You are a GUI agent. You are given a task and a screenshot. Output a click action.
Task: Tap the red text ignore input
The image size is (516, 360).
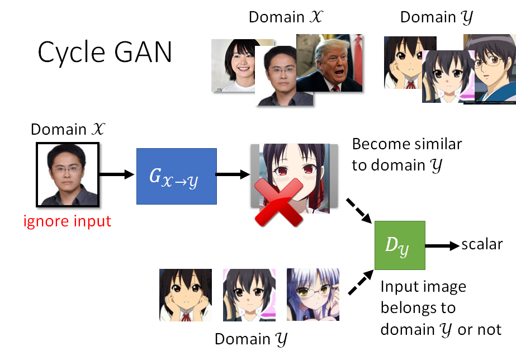pos(67,221)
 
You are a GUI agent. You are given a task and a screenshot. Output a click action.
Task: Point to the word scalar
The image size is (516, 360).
pos(482,244)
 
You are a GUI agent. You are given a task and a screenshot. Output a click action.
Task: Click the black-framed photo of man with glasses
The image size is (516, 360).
pos(67,173)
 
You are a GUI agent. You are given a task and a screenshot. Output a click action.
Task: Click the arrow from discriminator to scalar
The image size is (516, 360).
pos(442,245)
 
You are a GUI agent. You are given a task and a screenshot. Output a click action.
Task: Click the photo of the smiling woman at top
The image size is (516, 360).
pos(235,64)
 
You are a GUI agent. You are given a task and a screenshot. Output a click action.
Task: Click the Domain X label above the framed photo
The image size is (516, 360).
pos(67,129)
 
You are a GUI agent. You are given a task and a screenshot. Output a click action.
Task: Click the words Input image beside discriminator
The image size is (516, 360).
pos(423,287)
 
